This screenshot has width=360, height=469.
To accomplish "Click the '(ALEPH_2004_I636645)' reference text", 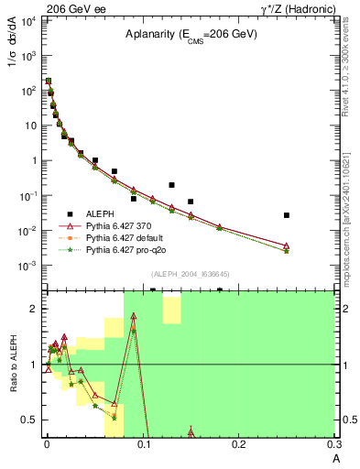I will tap(191, 273).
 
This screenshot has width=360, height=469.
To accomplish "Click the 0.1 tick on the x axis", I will tap(142, 445).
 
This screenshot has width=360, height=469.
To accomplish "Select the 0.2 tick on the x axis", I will tap(239, 445).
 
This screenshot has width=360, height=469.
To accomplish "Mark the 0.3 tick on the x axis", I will tap(335, 445).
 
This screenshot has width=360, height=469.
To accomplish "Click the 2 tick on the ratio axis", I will tap(34, 309).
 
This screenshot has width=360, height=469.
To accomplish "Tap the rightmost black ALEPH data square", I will tap(287, 215).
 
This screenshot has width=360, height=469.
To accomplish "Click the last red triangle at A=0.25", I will tap(287, 245).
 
